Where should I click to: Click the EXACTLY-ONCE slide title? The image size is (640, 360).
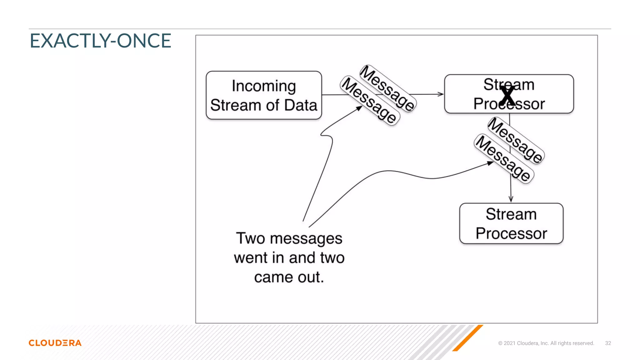click(100, 41)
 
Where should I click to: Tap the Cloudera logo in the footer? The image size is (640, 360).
click(55, 343)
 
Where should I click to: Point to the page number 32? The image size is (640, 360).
click(608, 343)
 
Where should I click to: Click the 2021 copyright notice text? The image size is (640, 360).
click(546, 343)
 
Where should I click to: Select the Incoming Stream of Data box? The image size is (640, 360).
click(264, 95)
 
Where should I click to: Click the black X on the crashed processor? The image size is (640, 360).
click(507, 96)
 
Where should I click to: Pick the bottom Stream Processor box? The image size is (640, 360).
click(511, 223)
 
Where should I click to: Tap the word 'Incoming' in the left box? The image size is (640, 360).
click(264, 86)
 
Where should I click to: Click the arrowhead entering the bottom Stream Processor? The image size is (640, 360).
click(511, 199)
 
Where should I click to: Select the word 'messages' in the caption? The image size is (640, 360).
click(306, 239)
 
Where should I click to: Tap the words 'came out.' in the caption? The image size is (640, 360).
click(289, 277)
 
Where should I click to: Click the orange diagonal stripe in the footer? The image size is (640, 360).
click(468, 338)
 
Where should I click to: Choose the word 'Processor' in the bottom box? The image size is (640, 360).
click(511, 233)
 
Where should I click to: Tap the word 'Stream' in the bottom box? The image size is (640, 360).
click(511, 214)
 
